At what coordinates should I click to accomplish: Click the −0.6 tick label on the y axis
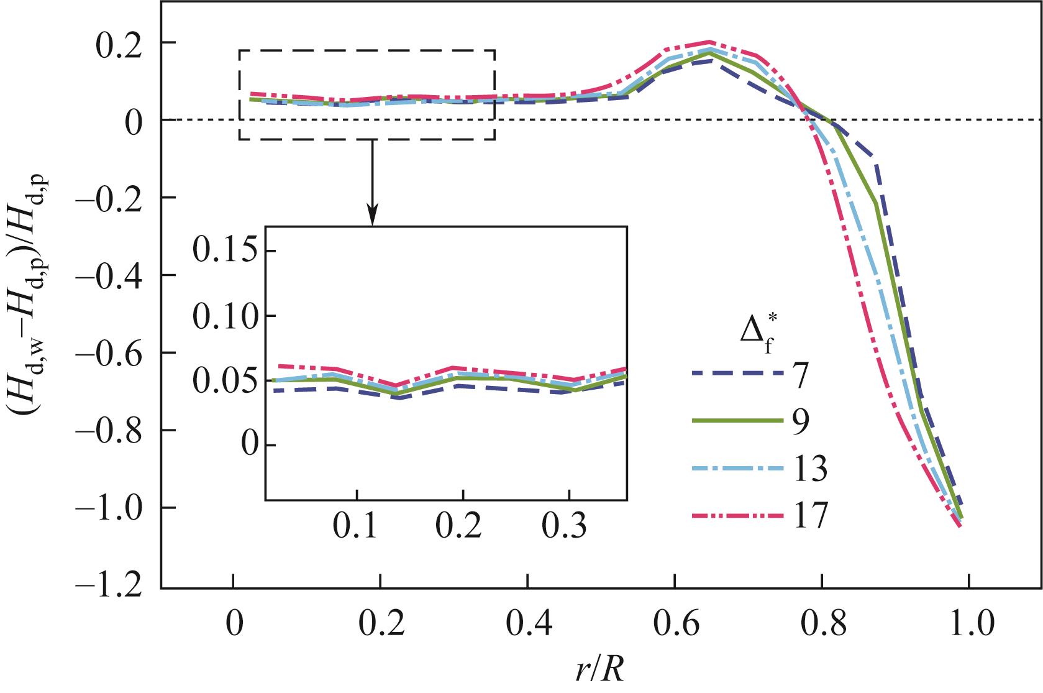(116, 352)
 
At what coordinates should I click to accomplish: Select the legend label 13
(810, 469)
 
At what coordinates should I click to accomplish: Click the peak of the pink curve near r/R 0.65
(709, 42)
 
